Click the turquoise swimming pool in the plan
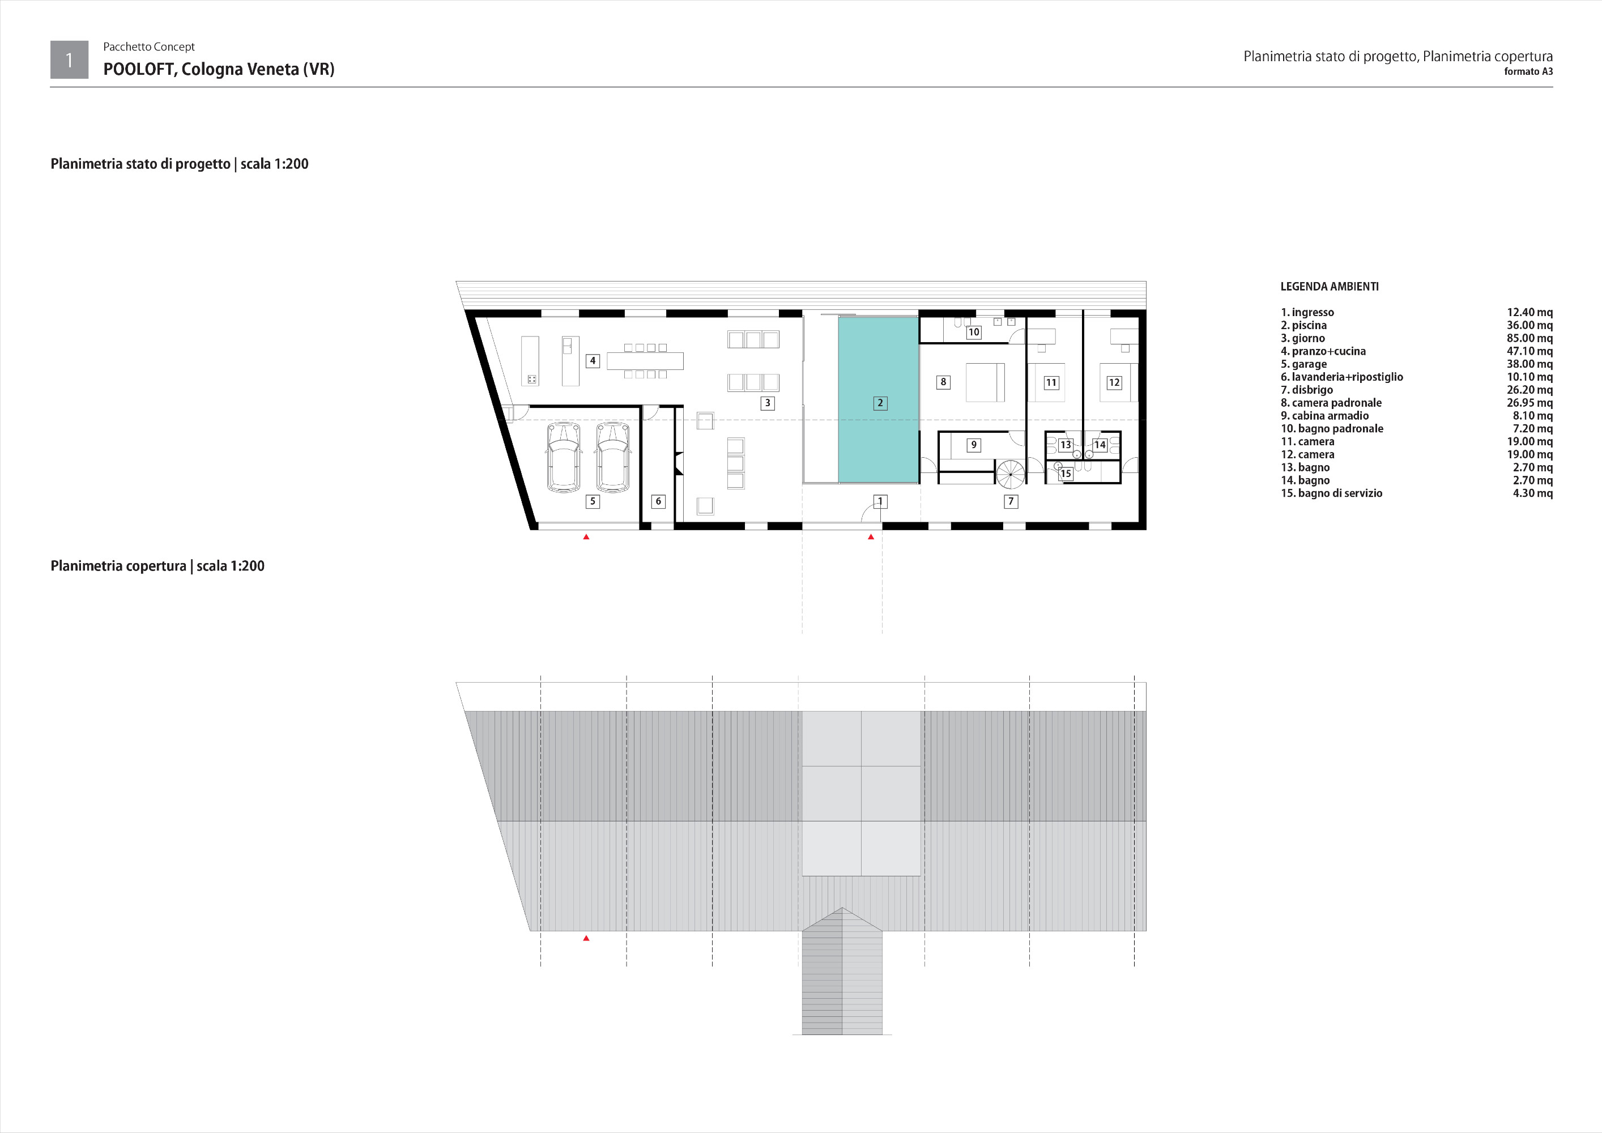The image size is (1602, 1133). [x=879, y=400]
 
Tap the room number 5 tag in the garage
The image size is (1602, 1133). [x=593, y=501]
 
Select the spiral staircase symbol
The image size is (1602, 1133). [x=1011, y=474]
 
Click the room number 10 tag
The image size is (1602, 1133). [x=973, y=332]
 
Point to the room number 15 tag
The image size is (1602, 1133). [x=1066, y=474]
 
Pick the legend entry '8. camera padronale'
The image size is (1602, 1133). [x=1331, y=403]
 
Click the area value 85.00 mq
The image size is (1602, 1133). [x=1529, y=338]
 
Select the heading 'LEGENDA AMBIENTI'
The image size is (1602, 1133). [x=1329, y=286]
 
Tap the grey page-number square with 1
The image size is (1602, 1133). [x=69, y=59]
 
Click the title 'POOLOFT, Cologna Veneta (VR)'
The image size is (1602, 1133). [x=219, y=69]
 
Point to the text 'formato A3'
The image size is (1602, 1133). [x=1528, y=71]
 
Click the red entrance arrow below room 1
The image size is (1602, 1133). [x=871, y=536]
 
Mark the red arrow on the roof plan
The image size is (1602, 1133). [x=586, y=938]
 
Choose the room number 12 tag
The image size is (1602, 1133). [x=1114, y=382]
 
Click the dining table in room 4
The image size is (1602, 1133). [x=645, y=361]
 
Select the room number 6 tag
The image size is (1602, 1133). [x=658, y=501]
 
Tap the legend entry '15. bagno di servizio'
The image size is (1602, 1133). [x=1331, y=493]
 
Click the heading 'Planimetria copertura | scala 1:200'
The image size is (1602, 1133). [x=157, y=566]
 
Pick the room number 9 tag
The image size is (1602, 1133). [x=973, y=444]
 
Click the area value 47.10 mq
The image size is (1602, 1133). [x=1529, y=351]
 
